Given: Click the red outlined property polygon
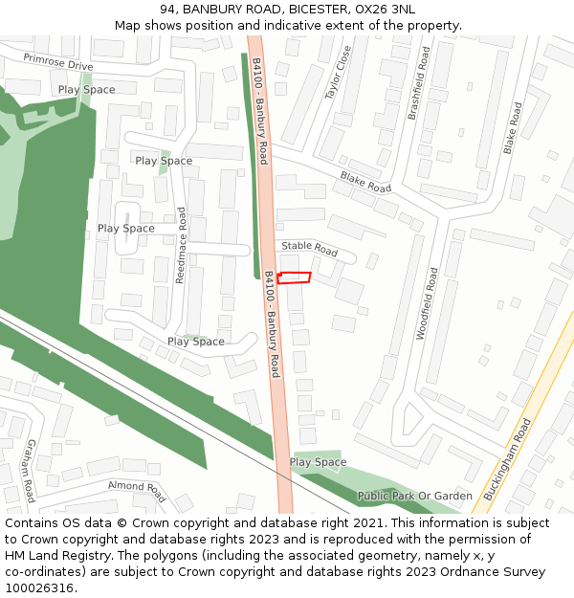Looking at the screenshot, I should [295, 277].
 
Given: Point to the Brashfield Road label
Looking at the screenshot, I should [419, 85].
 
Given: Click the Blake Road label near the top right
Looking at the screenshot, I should [513, 129].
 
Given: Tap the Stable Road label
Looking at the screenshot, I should [309, 249].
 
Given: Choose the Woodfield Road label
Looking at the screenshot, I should [426, 303].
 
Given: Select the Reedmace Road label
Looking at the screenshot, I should [180, 245].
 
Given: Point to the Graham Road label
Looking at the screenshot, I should [30, 471].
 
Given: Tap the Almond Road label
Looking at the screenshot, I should [137, 491].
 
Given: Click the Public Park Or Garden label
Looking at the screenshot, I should [415, 496].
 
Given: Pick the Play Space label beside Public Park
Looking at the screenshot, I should [318, 462].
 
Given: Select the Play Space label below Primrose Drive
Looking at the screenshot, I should [86, 90].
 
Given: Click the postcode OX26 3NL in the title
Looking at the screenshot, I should [386, 10].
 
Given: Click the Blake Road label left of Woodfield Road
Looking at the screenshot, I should [365, 182].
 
